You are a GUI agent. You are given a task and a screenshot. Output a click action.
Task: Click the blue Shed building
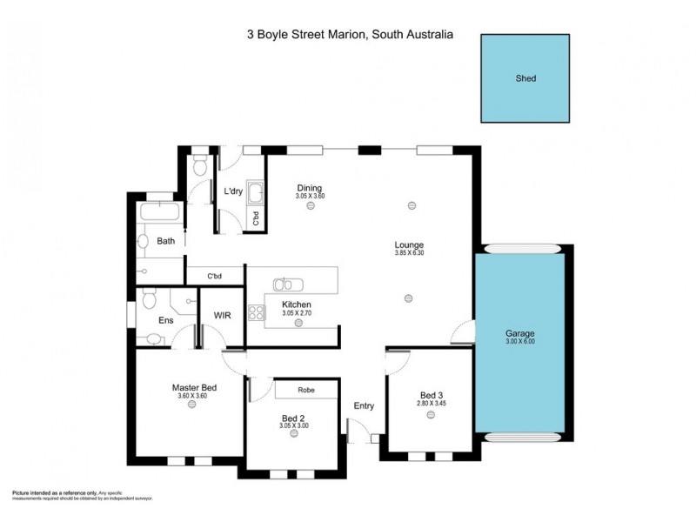coord(525,78)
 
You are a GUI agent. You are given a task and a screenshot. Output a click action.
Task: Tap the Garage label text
coord(520,334)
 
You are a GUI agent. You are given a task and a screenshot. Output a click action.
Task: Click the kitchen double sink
coord(284,284)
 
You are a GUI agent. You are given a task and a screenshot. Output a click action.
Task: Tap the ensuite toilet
coord(148,301)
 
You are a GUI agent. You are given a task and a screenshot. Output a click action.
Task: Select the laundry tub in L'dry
coord(256,193)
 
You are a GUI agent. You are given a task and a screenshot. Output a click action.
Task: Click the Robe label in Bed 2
coord(305,390)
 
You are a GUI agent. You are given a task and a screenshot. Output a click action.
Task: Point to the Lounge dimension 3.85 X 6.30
coord(409,253)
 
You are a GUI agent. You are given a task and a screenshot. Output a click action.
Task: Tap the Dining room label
coord(309,188)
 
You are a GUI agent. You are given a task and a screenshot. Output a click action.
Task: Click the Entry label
coord(364,406)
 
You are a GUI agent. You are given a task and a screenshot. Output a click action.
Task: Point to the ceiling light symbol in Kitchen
coord(298,322)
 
